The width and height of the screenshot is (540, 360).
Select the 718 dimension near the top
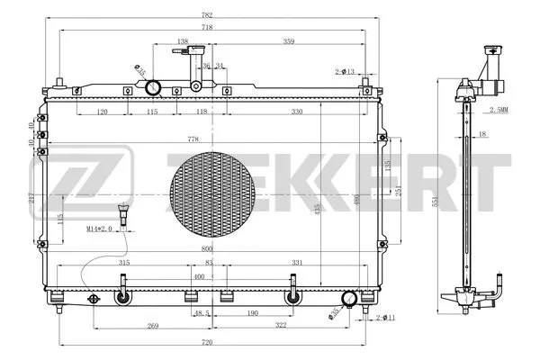click(x=208, y=28)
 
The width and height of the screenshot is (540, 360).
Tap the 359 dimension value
click(x=290, y=41)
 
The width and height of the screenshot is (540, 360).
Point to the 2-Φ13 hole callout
click(x=345, y=71)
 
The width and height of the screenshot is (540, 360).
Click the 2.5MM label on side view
click(x=498, y=110)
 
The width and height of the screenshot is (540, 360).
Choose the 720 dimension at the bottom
click(x=208, y=343)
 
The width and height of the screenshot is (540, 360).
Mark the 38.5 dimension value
click(x=202, y=314)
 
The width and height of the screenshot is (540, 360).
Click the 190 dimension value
click(x=255, y=314)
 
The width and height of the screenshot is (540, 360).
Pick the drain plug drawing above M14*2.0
click(x=123, y=215)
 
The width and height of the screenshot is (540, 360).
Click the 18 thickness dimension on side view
click(x=482, y=134)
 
